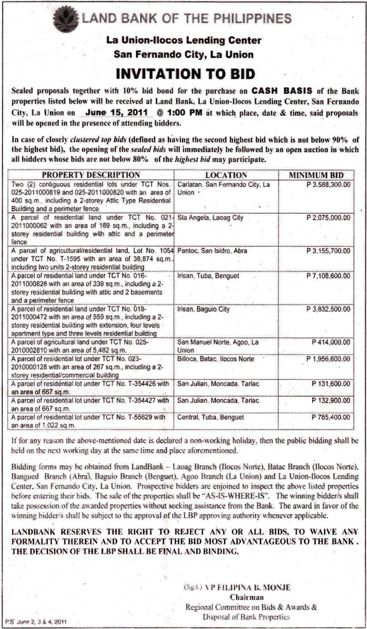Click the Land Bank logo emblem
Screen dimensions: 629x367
click(66, 17)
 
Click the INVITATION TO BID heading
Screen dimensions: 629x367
click(186, 74)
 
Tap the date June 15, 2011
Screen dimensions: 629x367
click(117, 113)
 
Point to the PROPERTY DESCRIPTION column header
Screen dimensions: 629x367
click(91, 175)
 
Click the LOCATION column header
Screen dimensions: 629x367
click(226, 175)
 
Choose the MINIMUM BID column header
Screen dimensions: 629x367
click(316, 175)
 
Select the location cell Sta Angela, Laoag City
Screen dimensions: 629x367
click(210, 217)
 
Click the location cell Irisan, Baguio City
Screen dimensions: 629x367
click(204, 309)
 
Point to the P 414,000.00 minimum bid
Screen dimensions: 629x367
click(331, 342)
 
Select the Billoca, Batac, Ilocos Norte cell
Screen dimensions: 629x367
click(216, 359)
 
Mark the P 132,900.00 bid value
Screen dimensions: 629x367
click(331, 400)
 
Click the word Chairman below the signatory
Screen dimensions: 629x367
click(247, 597)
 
